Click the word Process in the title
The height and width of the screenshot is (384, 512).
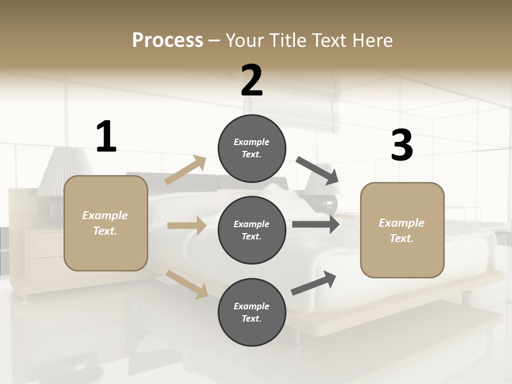[x=167, y=41]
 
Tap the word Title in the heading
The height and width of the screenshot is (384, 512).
[x=287, y=41]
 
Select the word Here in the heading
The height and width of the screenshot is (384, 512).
[x=371, y=41]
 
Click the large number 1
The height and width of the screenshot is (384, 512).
[x=106, y=137]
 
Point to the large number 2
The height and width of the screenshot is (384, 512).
[x=252, y=81]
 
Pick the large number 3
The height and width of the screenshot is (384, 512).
[x=402, y=145]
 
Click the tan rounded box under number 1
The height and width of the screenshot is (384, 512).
[x=106, y=223]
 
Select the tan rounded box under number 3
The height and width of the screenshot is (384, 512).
[x=402, y=230]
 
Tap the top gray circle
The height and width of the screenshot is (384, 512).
[x=252, y=148]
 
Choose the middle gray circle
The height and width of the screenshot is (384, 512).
[x=252, y=230]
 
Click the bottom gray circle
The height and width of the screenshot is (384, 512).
[x=252, y=312]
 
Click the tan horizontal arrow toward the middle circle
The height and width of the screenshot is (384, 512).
[x=186, y=226]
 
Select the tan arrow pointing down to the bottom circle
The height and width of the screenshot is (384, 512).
[x=187, y=284]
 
